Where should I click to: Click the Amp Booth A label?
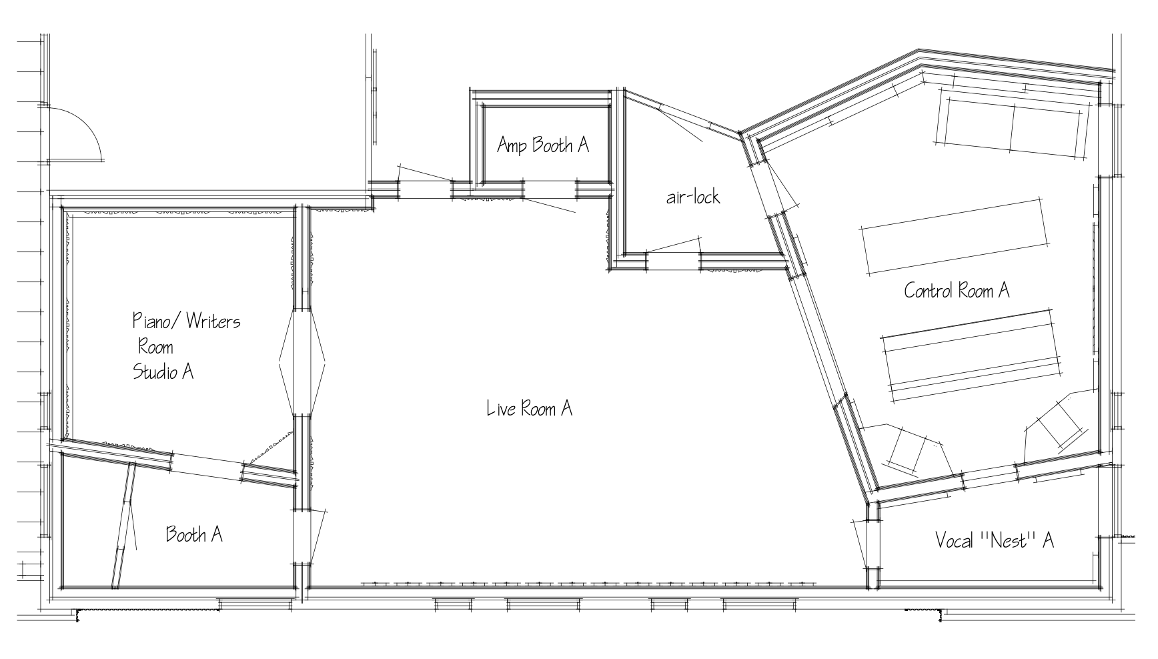click(x=543, y=145)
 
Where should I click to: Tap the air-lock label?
click(x=693, y=197)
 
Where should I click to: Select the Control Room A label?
click(x=957, y=290)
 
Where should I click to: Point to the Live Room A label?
click(x=530, y=408)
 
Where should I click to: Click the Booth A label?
click(x=194, y=534)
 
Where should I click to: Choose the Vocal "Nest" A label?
click(x=994, y=540)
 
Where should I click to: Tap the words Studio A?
click(x=163, y=372)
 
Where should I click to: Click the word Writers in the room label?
click(x=213, y=321)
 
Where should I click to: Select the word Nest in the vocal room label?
click(x=1010, y=540)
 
